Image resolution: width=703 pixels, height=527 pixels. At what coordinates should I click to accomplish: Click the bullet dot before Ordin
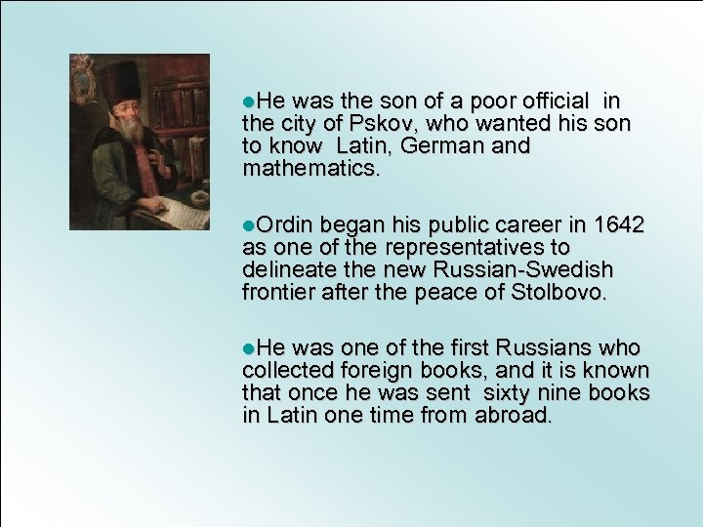point(248,226)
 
